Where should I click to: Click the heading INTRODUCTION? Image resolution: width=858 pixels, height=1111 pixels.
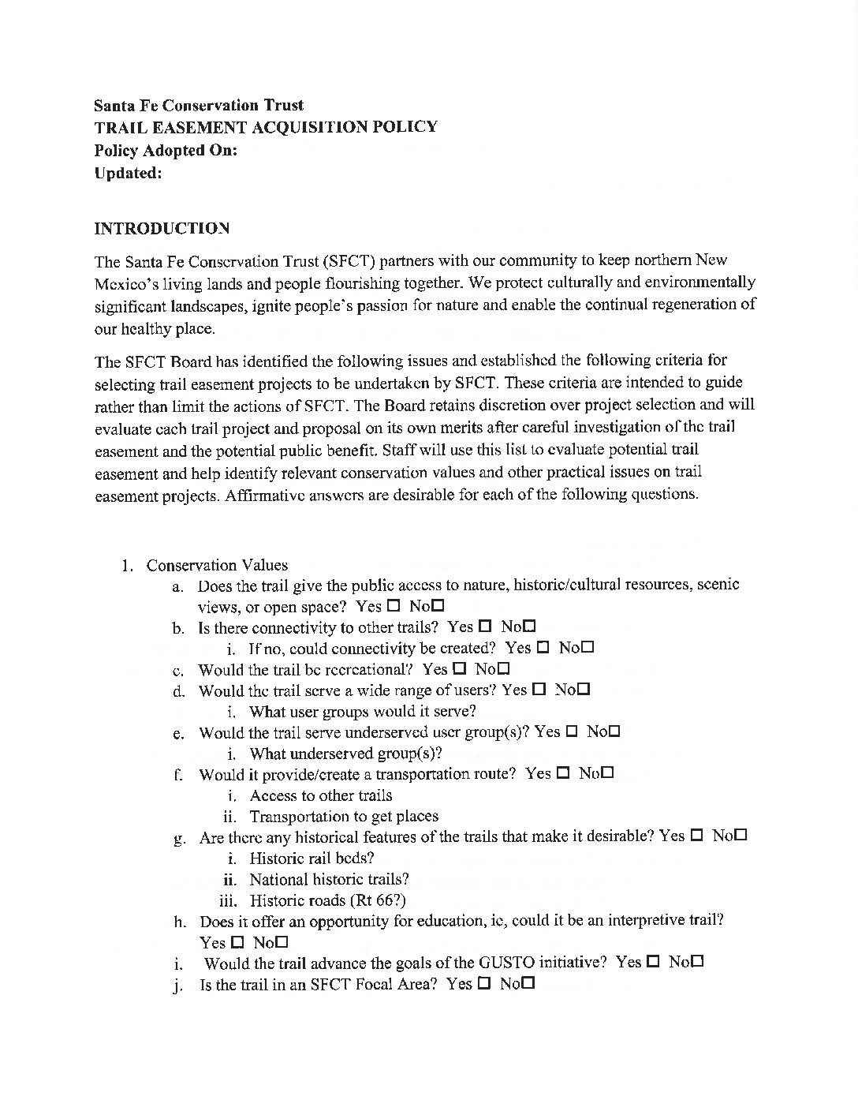coord(162,229)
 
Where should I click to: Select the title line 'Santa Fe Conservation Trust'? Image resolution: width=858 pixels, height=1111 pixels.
coord(198,105)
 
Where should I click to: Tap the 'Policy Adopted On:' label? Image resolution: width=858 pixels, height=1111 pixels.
coord(166,150)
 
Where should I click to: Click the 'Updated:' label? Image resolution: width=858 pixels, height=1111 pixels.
coord(128,173)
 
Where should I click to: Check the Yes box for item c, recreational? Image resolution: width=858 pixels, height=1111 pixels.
coord(460,669)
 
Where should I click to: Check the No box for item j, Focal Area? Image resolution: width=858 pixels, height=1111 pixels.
coord(528,984)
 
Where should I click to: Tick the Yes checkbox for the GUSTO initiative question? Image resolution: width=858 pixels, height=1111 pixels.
coord(653,962)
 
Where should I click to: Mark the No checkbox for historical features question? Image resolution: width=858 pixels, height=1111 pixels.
coord(740,835)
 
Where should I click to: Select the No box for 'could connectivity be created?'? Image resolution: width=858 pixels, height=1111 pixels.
coord(587,648)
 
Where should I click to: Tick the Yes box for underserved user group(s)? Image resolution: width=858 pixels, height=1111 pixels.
coord(572,731)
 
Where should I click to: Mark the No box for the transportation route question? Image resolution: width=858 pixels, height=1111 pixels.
coord(606,773)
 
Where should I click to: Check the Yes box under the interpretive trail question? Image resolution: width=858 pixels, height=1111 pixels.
coord(237,942)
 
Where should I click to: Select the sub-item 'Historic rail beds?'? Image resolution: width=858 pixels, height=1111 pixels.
coord(311,858)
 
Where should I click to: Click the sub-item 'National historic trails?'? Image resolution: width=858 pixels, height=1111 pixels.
coord(329,879)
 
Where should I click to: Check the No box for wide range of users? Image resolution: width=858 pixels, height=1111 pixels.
coord(583,690)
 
